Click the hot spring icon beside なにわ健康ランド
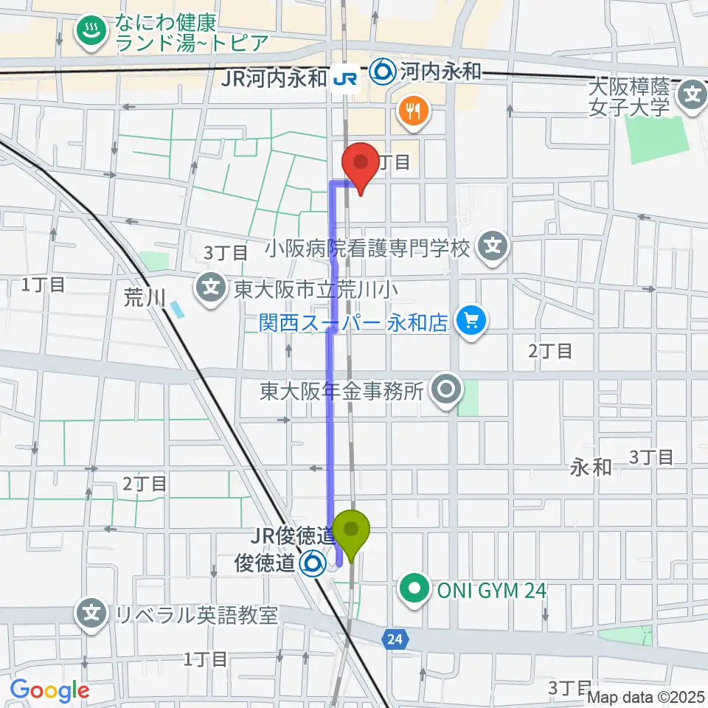tap(91, 34)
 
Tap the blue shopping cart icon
tap(470, 320)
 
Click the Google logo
tap(49, 690)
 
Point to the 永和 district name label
tap(591, 466)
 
